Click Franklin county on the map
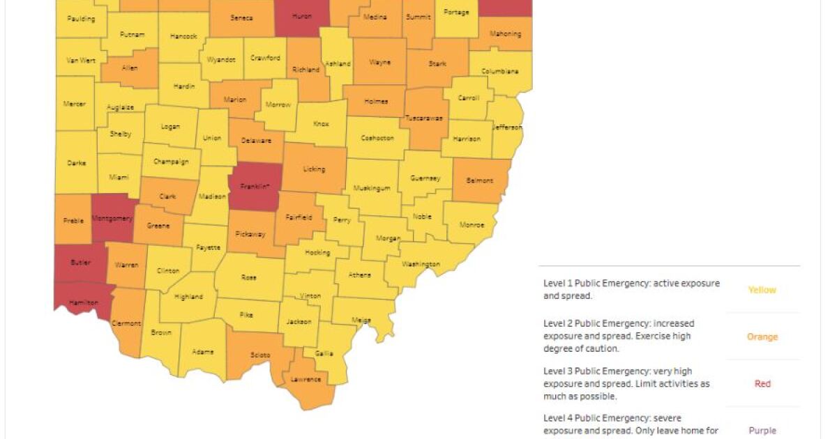tap(255, 187)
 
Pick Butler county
tap(80, 262)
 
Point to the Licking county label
tap(314, 169)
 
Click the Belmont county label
tap(479, 180)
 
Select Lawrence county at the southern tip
tap(306, 379)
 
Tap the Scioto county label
tap(260, 355)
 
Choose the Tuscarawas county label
tap(425, 118)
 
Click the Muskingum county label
tap(371, 188)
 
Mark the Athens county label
tap(360, 275)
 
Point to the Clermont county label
tap(126, 323)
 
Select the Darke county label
tap(77, 163)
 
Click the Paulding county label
tap(81, 19)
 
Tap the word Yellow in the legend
tap(762, 290)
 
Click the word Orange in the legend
tap(762, 337)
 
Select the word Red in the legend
tap(762, 383)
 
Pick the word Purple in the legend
tap(762, 431)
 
